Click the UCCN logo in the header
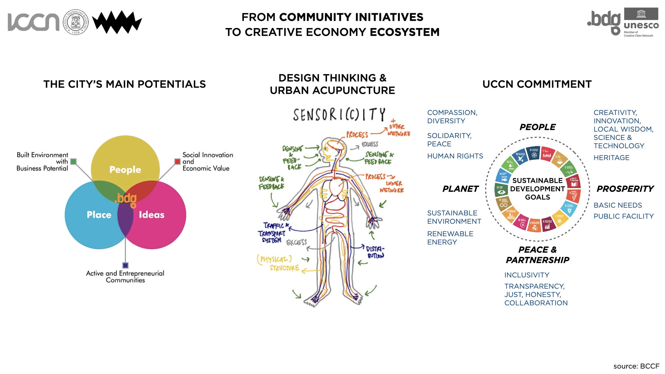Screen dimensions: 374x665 (34, 22)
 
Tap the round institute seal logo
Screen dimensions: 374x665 (76, 22)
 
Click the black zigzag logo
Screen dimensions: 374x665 (117, 22)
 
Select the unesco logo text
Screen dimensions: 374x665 (641, 25)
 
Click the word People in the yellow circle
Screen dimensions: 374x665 (125, 170)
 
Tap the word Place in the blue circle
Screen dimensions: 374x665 (99, 215)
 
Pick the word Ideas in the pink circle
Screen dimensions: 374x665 (152, 215)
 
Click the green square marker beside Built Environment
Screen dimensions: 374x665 (73, 161)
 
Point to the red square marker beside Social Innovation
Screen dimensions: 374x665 (177, 161)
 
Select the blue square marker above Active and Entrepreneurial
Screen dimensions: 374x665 (125, 265)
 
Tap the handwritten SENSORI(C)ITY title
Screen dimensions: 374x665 (339, 115)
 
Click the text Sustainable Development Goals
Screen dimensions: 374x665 (537, 189)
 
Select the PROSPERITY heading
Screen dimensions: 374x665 (625, 189)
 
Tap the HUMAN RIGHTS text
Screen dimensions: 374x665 (455, 156)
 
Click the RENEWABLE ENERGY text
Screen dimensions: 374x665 (450, 238)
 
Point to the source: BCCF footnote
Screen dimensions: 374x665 (636, 366)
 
